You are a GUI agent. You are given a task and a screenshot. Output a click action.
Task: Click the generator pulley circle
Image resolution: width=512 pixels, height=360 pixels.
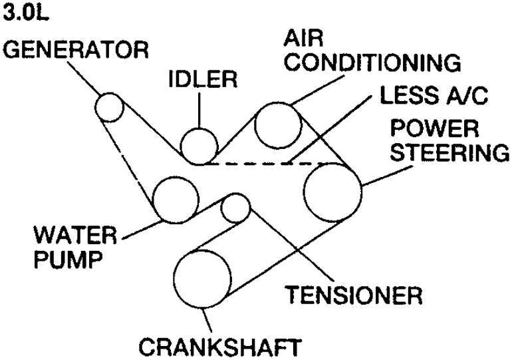tap(95, 108)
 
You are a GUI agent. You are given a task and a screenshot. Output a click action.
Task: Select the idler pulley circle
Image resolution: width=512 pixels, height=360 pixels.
tap(181, 146)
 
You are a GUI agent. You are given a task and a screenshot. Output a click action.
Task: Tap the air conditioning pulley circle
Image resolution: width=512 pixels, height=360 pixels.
tap(255, 126)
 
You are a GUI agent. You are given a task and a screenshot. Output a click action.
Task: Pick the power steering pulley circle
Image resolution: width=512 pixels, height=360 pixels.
tap(304, 192)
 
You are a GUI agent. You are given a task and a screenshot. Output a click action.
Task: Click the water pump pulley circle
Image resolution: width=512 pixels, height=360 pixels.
tap(153, 200)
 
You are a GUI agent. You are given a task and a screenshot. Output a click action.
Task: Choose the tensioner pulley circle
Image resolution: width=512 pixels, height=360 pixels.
tap(221, 208)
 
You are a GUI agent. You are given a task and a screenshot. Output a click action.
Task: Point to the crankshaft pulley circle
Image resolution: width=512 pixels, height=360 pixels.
tap(174, 279)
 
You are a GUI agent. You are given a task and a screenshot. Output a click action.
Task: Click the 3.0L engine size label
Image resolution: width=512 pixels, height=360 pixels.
tap(25, 13)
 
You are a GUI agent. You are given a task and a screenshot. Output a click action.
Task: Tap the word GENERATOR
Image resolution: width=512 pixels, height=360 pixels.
tap(75, 50)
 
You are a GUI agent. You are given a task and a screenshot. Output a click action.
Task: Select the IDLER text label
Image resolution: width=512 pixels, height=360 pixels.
tap(203, 79)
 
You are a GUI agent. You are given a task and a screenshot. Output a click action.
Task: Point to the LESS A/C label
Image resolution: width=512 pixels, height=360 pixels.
tap(434, 95)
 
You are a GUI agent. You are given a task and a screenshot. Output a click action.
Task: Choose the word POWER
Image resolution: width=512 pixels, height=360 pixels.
tap(435, 128)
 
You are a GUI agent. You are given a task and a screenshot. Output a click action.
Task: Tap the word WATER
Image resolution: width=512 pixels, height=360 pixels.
tap(75, 235)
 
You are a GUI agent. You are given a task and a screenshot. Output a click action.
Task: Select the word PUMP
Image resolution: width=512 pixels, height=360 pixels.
tap(68, 260)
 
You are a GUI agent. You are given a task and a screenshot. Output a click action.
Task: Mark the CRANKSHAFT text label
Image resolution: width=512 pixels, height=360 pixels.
tap(219, 347)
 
